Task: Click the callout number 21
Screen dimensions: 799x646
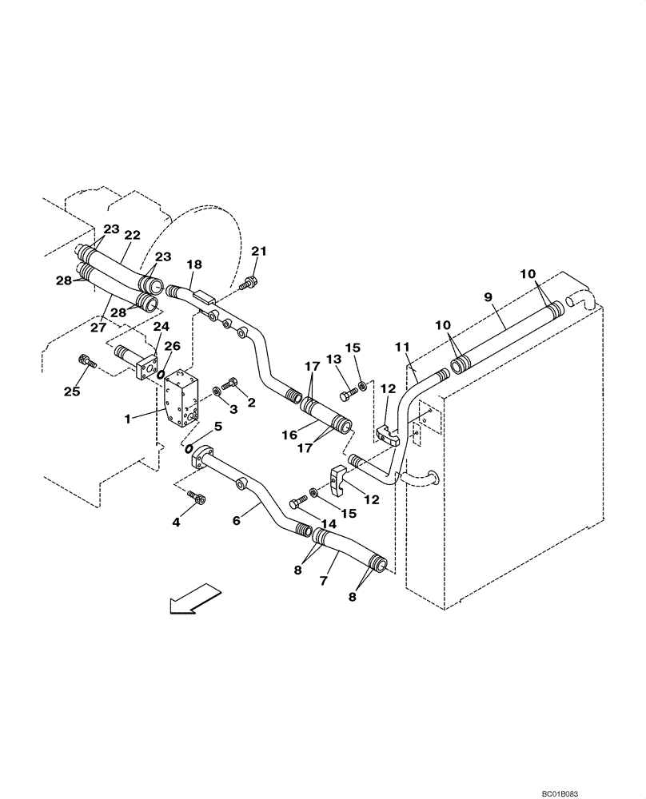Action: pos(257,252)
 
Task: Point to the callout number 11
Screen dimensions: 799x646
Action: pos(401,347)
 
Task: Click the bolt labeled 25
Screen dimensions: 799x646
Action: pos(86,361)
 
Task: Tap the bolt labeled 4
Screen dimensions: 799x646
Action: pos(197,499)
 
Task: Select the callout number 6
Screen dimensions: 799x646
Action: pos(236,519)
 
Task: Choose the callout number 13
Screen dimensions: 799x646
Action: pos(330,361)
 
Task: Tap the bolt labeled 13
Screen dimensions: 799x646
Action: pos(348,394)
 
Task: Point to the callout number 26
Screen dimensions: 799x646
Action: pos(172,346)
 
